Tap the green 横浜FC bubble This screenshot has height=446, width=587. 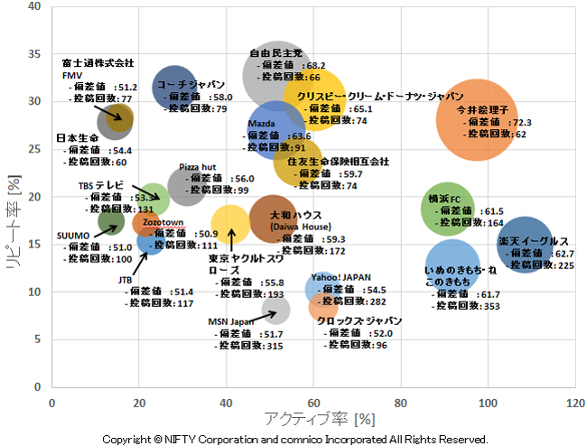447,209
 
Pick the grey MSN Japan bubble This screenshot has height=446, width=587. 275,310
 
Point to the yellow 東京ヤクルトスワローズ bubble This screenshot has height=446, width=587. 231,223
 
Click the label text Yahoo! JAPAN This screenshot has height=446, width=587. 342,278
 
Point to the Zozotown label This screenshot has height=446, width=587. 163,222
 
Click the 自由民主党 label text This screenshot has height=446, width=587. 275,53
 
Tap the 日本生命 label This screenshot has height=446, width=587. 77,138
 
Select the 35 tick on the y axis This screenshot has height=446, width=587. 36,53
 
